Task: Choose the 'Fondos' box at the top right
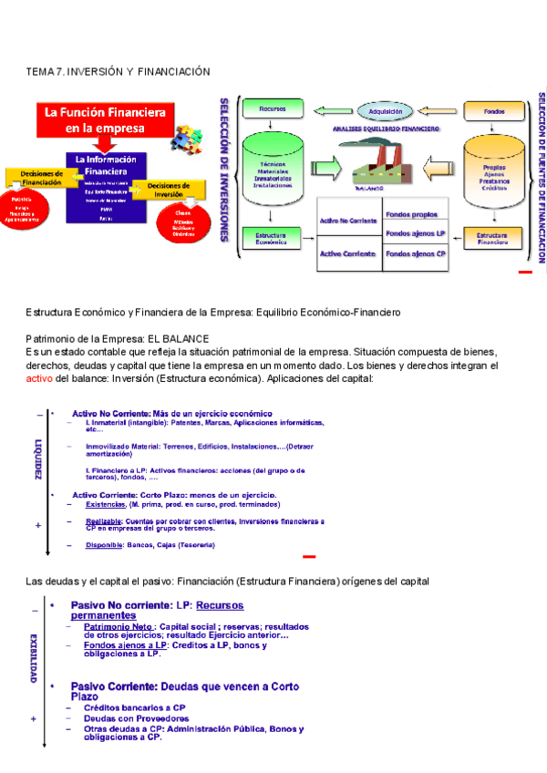point(494,111)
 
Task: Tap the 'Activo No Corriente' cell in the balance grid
point(348,222)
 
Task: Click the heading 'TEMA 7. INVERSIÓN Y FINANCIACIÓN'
point(119,71)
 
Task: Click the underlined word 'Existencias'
point(106,504)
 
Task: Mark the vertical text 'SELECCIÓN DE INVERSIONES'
point(224,170)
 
